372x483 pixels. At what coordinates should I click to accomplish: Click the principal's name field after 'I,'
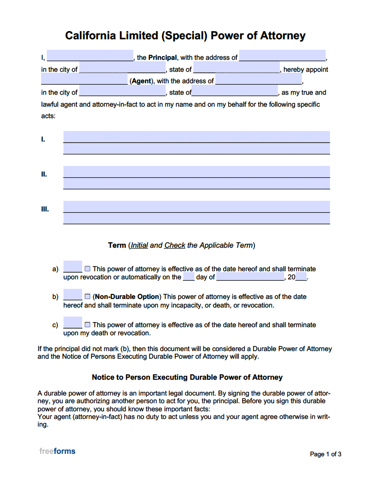click(90, 56)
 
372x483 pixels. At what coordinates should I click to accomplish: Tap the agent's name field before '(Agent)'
click(85, 80)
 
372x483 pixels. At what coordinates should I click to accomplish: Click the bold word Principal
click(162, 57)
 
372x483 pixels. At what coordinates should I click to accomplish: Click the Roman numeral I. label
click(43, 140)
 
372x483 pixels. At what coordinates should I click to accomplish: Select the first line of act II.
click(196, 172)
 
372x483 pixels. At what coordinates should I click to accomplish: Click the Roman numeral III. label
click(44, 209)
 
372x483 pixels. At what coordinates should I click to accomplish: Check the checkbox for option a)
click(87, 269)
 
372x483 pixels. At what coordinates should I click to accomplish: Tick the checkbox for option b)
click(87, 296)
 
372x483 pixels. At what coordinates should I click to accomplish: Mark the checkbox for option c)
click(87, 325)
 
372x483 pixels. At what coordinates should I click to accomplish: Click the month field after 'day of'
click(250, 277)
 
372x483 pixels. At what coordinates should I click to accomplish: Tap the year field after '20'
click(301, 277)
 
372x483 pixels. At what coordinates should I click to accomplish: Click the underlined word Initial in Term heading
click(139, 245)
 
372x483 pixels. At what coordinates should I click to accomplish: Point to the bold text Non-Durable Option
click(128, 296)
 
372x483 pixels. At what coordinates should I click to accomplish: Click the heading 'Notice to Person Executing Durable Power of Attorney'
click(187, 377)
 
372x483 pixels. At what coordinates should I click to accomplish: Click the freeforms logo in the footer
click(57, 451)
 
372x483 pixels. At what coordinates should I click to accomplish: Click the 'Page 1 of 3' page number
click(326, 454)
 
